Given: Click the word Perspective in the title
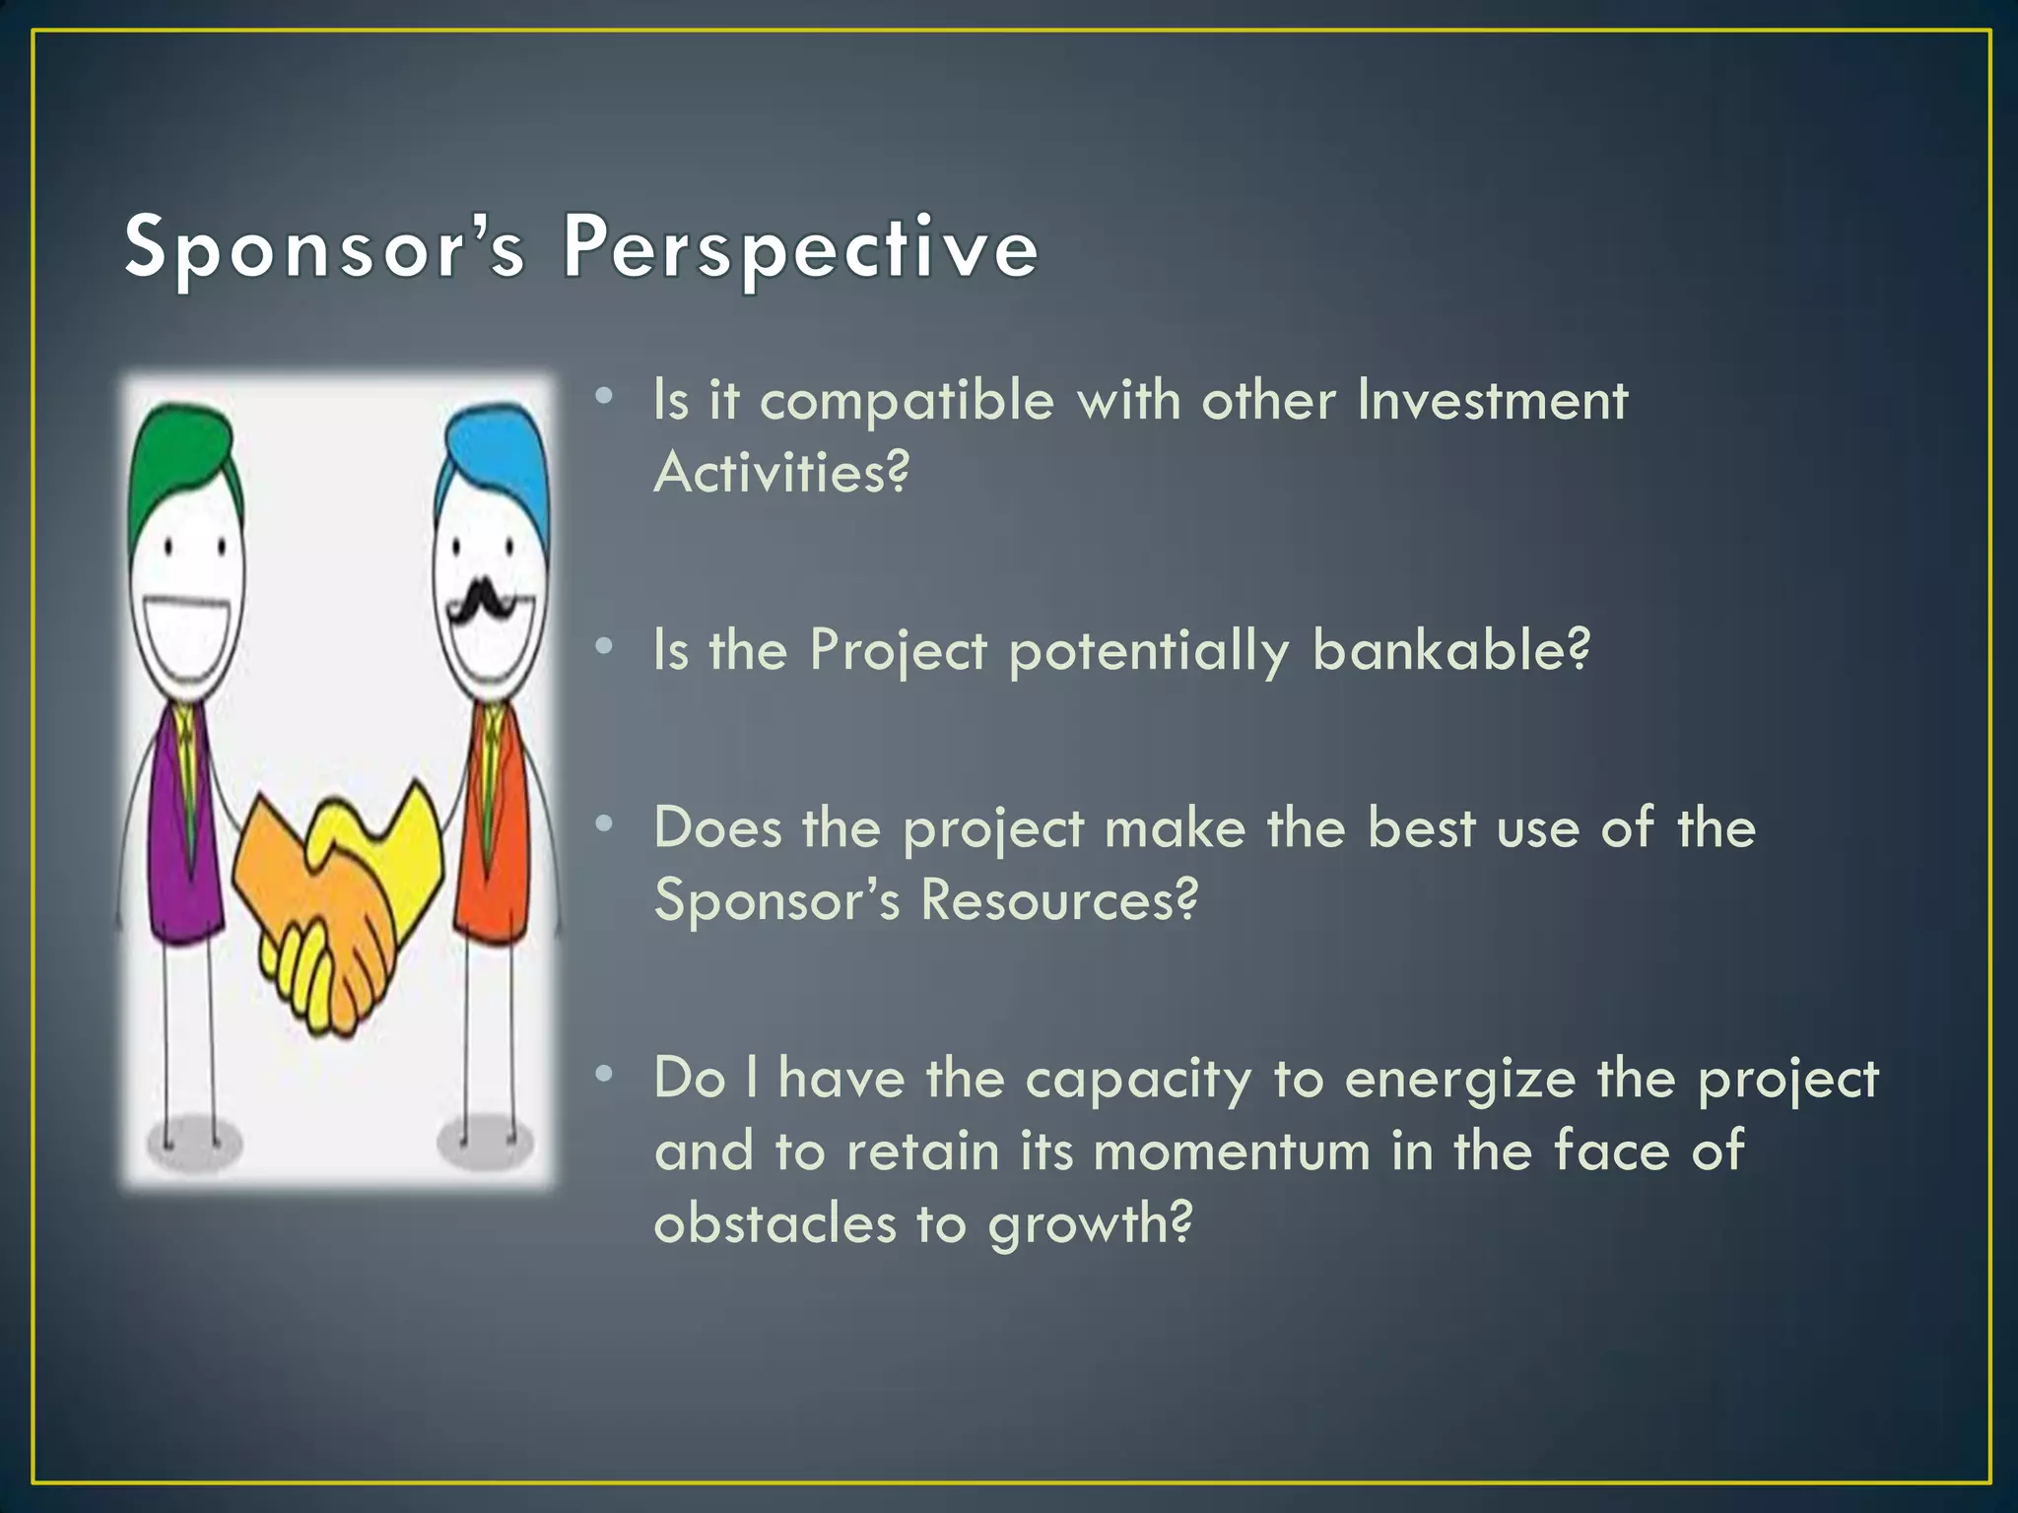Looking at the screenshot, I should click(800, 248).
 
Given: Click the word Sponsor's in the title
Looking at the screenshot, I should click(325, 248).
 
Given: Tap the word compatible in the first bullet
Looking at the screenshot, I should click(907, 402).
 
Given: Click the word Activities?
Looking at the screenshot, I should click(781, 473).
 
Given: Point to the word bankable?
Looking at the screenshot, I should click(1450, 650).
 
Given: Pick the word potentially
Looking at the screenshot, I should click(1149, 652).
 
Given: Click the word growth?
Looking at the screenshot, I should click(1090, 1225).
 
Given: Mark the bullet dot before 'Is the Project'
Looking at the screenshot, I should click(605, 647).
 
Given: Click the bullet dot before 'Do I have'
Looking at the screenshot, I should click(605, 1075).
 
